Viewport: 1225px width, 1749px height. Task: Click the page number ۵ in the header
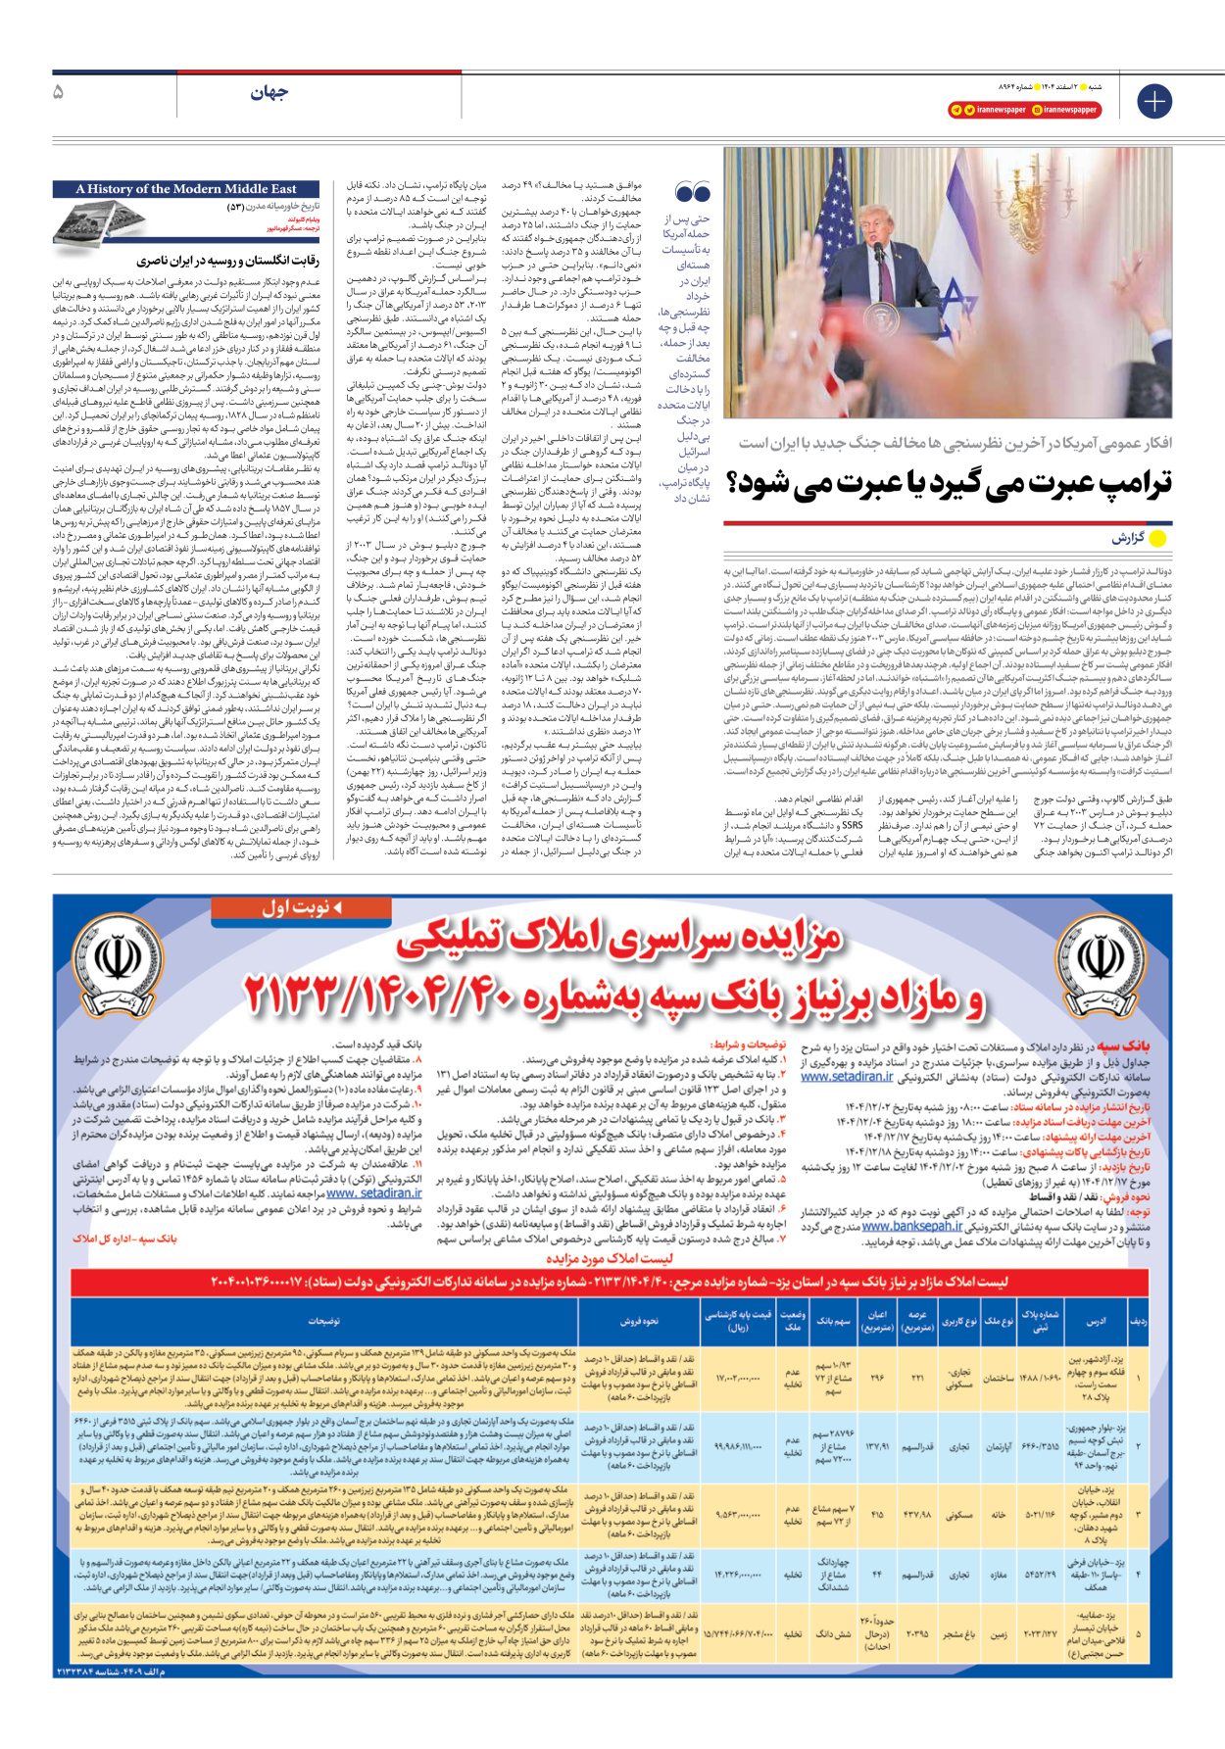tap(58, 92)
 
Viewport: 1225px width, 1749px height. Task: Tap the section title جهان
tap(269, 93)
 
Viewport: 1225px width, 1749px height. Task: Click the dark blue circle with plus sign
tap(1153, 101)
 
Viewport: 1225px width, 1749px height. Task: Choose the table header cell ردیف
tap(1138, 1321)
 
